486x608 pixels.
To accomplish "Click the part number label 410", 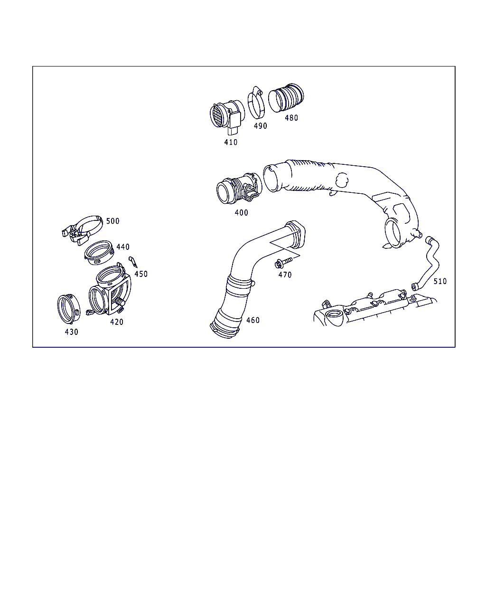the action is click(x=231, y=142).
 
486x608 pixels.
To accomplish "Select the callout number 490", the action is click(x=261, y=126).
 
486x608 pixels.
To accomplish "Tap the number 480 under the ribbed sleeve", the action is click(x=291, y=118).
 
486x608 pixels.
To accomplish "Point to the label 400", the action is click(x=242, y=212).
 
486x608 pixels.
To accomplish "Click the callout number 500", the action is click(x=113, y=221).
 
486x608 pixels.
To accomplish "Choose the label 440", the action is click(x=123, y=247).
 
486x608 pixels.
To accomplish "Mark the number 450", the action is click(x=141, y=274).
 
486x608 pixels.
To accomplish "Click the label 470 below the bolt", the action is click(x=285, y=275).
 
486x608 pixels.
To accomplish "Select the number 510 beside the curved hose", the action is click(x=440, y=281).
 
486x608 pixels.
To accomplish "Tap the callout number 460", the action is click(x=253, y=320).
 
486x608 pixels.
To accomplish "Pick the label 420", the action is click(x=117, y=322).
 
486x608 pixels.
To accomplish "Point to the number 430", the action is click(x=72, y=332).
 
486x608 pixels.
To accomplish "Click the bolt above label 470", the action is click(x=283, y=263).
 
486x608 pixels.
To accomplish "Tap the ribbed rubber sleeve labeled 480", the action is click(x=286, y=98).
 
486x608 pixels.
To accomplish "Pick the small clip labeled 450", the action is click(x=133, y=262).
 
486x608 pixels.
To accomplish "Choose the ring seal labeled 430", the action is click(x=69, y=309).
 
